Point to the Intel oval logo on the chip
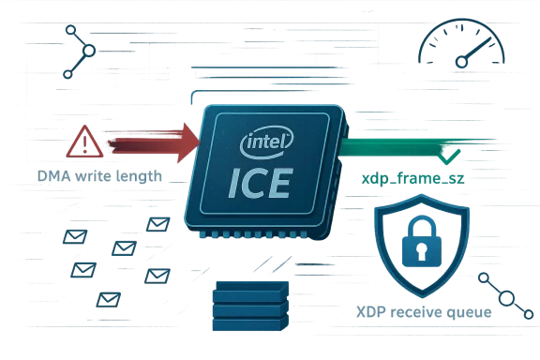pos(267,143)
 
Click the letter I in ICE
pos(235,183)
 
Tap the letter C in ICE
pos(258,183)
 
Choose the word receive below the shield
pos(419,312)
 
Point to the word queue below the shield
pos(472,312)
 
